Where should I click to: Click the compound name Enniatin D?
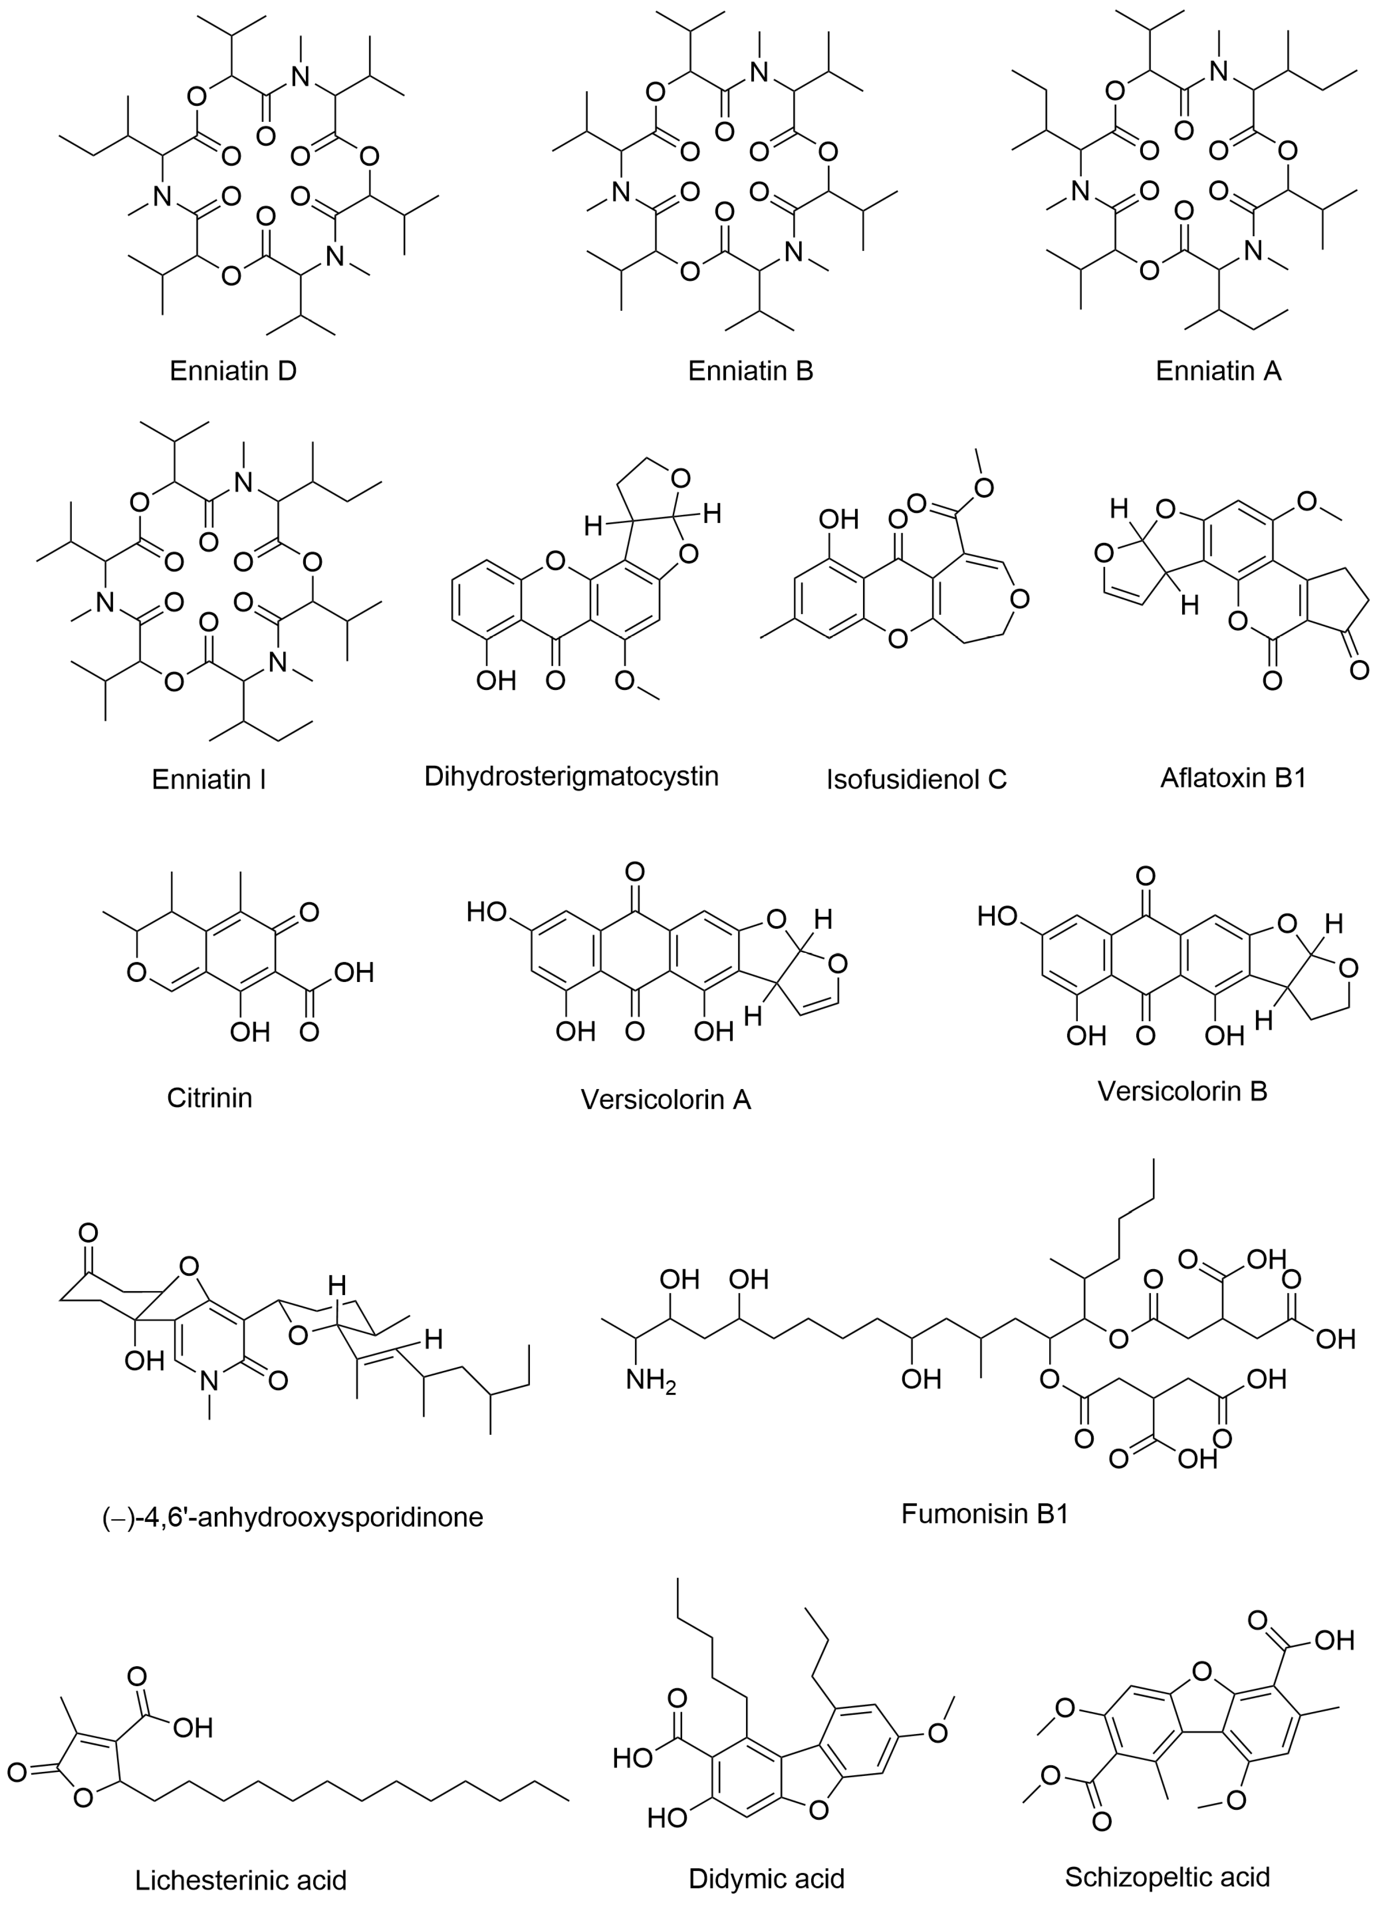coord(233,371)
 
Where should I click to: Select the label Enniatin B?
coord(750,371)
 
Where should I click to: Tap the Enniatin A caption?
coord(1218,371)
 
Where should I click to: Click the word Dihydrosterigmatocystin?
coord(571,775)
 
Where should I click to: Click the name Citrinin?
coord(209,1097)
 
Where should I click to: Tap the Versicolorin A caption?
coord(665,1099)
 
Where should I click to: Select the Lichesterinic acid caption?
coord(241,1879)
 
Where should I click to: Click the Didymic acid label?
coord(766,1877)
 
